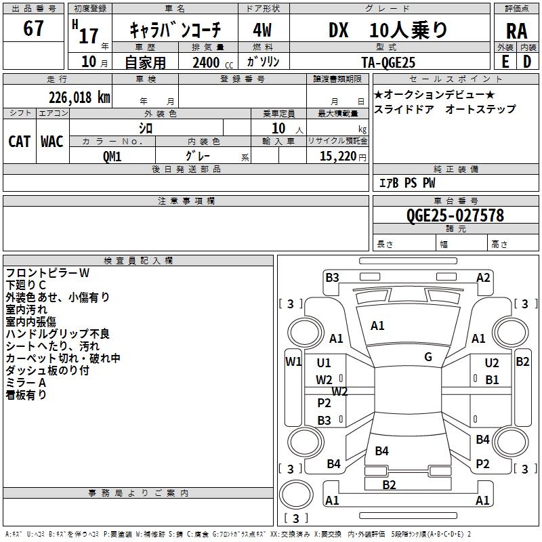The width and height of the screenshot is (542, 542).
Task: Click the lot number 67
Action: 33,29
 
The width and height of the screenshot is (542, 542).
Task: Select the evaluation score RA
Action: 516,30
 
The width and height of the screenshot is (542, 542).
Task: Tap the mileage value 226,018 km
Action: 79,97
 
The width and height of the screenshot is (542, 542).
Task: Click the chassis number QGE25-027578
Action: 455,215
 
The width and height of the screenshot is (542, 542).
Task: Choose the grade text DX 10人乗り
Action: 388,30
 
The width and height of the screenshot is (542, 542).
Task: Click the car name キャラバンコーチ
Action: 175,30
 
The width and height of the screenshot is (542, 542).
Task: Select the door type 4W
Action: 263,30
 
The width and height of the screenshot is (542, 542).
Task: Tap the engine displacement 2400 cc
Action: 210,62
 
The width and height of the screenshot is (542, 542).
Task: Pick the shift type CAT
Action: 19,141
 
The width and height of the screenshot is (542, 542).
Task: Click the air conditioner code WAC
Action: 52,141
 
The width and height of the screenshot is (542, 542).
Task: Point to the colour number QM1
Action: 112,156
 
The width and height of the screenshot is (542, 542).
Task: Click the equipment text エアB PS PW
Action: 406,183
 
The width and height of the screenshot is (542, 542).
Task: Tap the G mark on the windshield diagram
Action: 428,357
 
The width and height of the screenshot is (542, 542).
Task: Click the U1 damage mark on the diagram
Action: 324,363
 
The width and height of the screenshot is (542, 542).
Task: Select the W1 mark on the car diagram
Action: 293,362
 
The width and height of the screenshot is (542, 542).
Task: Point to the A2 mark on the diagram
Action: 483,277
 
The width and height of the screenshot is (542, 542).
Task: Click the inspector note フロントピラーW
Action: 47,273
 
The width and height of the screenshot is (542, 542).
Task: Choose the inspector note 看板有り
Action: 26,395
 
